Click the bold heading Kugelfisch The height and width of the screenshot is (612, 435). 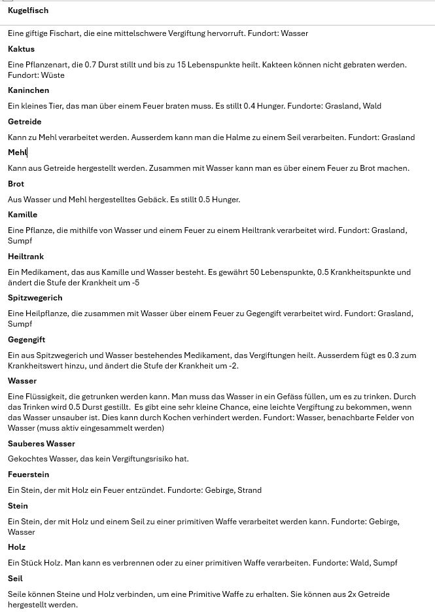pyautogui.click(x=28, y=10)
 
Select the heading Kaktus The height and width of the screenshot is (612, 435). pyautogui.click(x=21, y=49)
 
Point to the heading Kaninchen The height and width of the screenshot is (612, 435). pyautogui.click(x=28, y=90)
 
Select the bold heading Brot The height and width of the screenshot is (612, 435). pyautogui.click(x=16, y=184)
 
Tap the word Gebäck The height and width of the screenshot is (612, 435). pyautogui.click(x=150, y=200)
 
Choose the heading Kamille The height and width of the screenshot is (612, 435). pyautogui.click(x=22, y=215)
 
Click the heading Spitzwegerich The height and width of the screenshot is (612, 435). pyautogui.click(x=35, y=298)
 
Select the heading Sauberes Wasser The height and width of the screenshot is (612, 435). pyautogui.click(x=41, y=444)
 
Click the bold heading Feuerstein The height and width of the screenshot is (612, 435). pyautogui.click(x=28, y=475)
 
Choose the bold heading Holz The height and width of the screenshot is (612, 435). pyautogui.click(x=16, y=547)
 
